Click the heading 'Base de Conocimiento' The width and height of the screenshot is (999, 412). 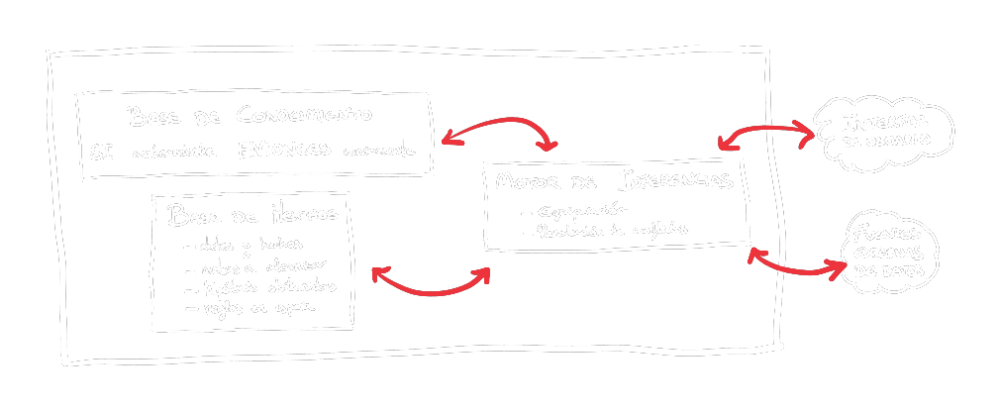tap(250, 116)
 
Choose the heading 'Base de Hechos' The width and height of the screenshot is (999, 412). tap(253, 214)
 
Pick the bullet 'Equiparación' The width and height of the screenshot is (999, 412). tap(580, 210)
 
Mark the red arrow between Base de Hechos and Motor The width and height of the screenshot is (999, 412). tap(430, 284)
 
